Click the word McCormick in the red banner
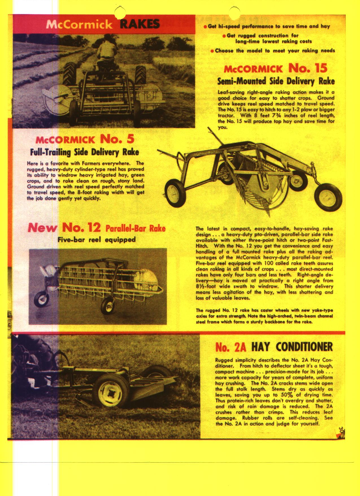pos(79,25)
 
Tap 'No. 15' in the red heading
pos(308,68)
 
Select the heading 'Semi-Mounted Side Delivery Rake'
pos(276,81)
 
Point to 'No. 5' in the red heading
pos(115,139)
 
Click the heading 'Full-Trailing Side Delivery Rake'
pos(85,152)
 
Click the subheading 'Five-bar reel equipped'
pos(96,240)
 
